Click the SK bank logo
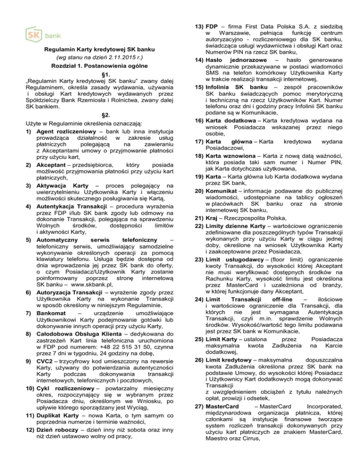[x=42, y=35]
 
